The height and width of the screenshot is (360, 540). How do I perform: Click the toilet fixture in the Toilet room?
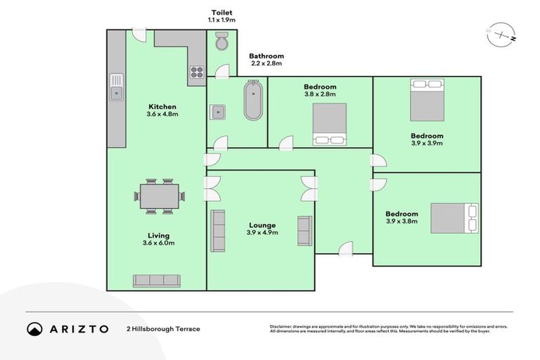click(222, 41)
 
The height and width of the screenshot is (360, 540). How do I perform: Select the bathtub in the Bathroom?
click(252, 101)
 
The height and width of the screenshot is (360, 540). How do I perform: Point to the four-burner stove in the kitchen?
click(196, 71)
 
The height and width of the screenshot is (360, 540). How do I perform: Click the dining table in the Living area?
click(159, 196)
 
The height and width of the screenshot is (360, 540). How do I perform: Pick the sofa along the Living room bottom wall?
click(156, 280)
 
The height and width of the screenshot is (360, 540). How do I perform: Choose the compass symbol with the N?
click(500, 34)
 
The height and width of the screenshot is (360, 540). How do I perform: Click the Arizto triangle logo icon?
click(34, 328)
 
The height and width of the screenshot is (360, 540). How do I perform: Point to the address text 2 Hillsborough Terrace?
click(163, 329)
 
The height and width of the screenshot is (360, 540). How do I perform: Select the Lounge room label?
click(262, 225)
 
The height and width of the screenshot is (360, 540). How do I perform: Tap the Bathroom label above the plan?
click(266, 56)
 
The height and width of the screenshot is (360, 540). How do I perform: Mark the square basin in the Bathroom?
click(218, 111)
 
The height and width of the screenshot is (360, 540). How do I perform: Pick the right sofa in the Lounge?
click(304, 231)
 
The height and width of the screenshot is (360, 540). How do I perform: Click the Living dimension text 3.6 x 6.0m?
click(155, 243)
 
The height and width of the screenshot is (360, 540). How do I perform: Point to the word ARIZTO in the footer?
click(79, 329)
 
